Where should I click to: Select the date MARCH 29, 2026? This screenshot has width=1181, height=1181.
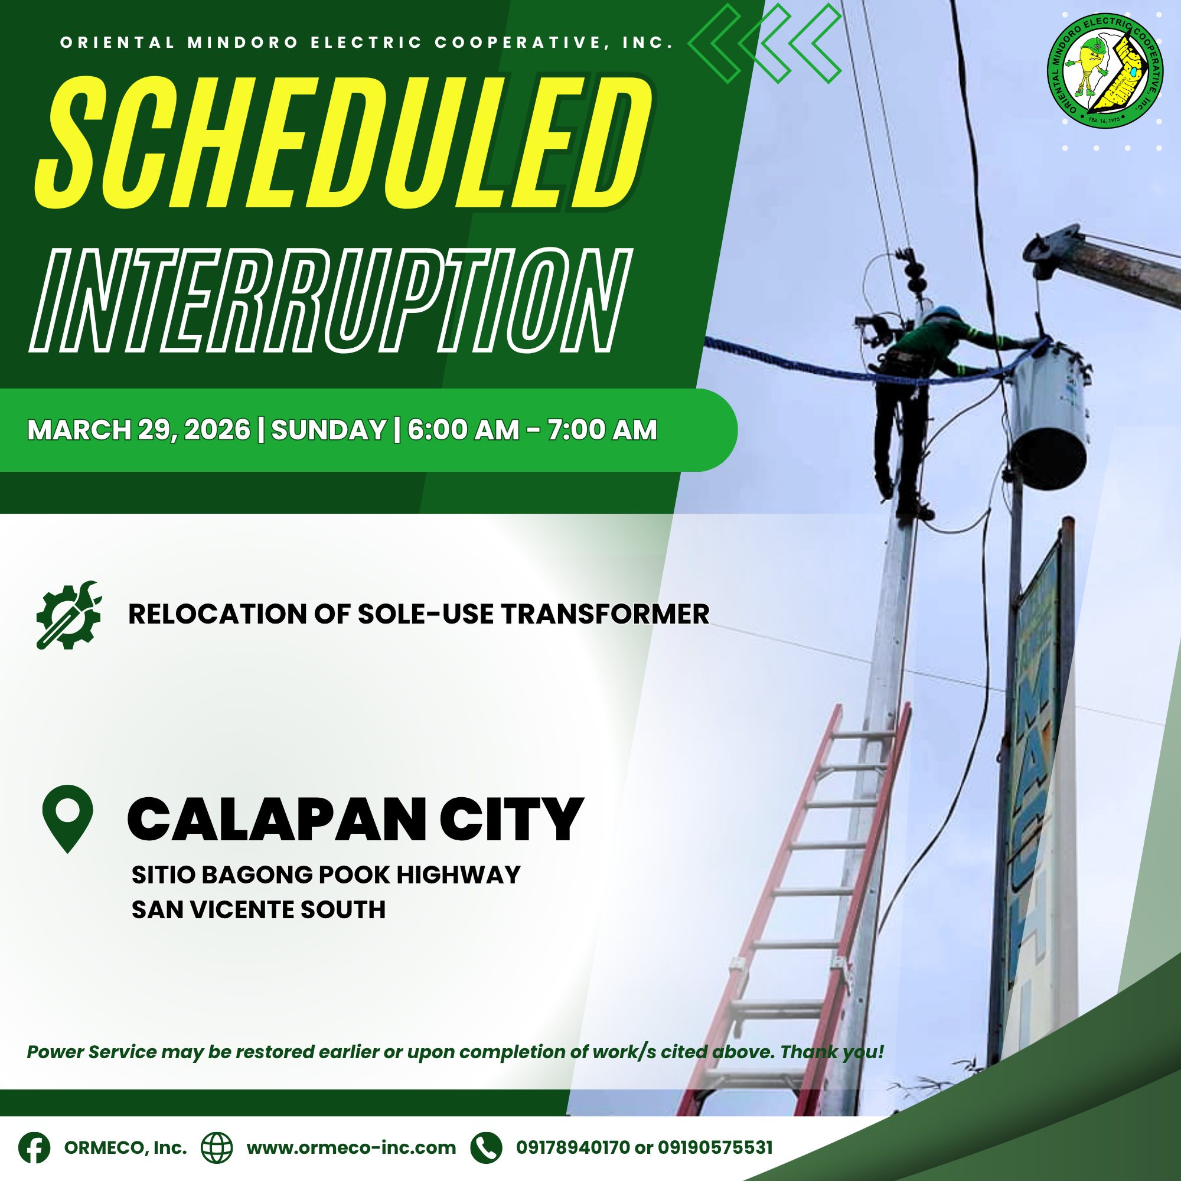pyautogui.click(x=139, y=430)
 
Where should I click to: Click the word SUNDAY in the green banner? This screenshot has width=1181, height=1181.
pyautogui.click(x=328, y=430)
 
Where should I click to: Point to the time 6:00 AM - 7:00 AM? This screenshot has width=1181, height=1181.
pyautogui.click(x=532, y=430)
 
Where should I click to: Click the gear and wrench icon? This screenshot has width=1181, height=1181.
pyautogui.click(x=68, y=614)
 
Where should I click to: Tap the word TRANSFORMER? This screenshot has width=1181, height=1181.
pyautogui.click(x=605, y=614)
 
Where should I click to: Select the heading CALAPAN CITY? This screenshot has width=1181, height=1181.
pyautogui.click(x=355, y=819)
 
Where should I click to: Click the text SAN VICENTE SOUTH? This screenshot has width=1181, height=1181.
pyautogui.click(x=259, y=910)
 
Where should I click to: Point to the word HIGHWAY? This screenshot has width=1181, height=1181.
pyautogui.click(x=458, y=875)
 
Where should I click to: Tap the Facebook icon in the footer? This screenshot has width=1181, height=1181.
pyautogui.click(x=34, y=1147)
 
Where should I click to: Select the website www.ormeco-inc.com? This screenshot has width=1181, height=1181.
pyautogui.click(x=351, y=1148)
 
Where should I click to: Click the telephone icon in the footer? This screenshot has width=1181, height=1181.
pyautogui.click(x=486, y=1147)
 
